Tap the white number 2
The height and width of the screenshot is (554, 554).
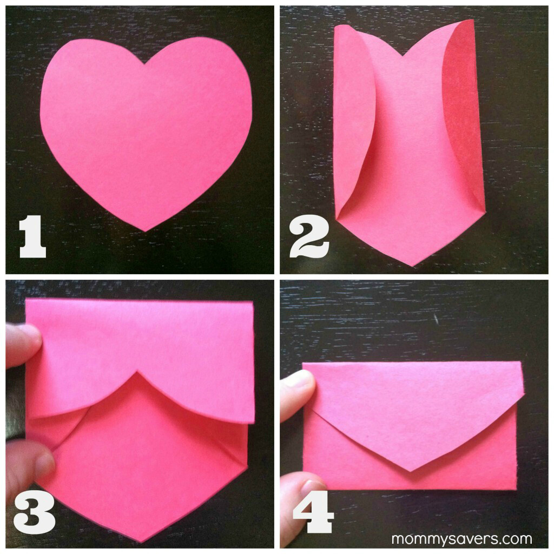tap(309, 237)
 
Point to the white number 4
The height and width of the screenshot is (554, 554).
tap(313, 511)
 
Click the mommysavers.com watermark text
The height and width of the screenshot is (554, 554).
tap(462, 539)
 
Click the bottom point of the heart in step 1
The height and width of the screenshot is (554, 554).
tap(146, 232)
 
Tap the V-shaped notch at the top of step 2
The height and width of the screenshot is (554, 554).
tap(403, 56)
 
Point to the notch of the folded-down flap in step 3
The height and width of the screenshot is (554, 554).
tap(136, 371)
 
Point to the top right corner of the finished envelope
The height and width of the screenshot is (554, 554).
tap(522, 362)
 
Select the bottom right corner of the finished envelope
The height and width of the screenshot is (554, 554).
tap(517, 489)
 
